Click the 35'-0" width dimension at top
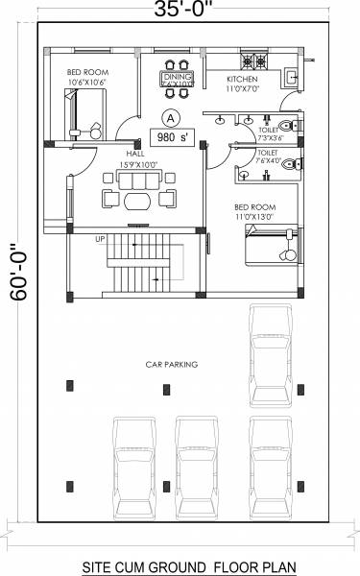[x=180, y=12]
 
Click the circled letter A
[x=171, y=117]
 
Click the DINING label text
[x=177, y=75]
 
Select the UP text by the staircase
[x=99, y=239]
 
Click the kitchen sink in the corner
[x=294, y=73]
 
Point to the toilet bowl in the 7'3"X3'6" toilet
[x=295, y=125]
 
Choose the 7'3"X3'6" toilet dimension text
[x=272, y=137]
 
